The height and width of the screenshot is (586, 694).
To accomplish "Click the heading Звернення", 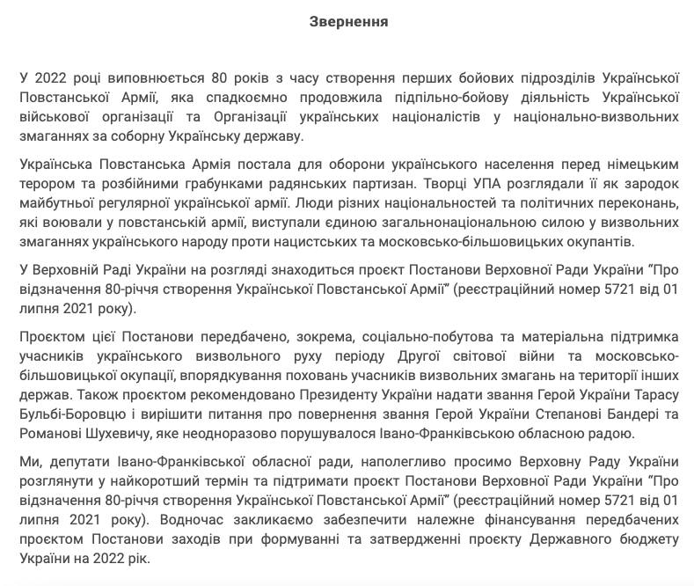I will click(x=348, y=21).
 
